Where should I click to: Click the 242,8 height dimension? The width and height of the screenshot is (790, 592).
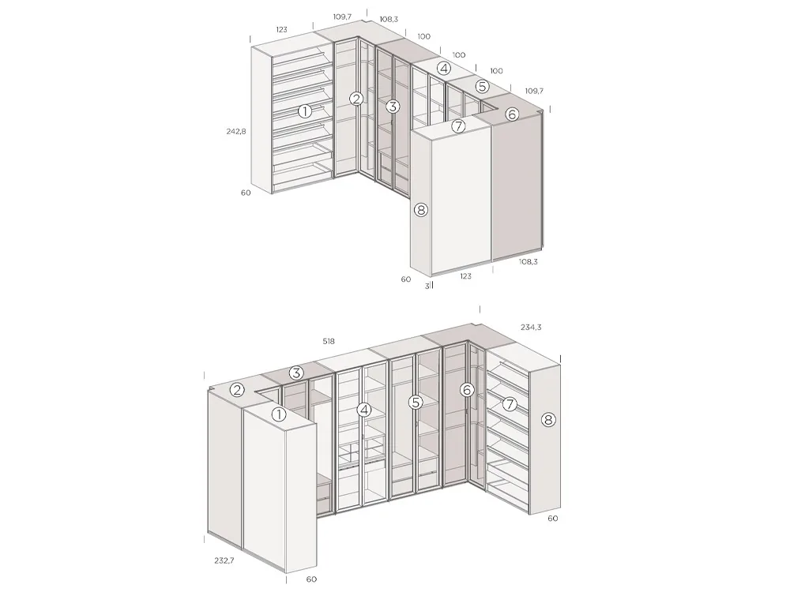(x=236, y=132)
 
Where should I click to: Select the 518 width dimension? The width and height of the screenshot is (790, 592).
(x=329, y=342)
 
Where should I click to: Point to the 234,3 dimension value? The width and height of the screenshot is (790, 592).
(x=532, y=327)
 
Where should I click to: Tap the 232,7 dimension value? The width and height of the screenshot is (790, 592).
(x=224, y=560)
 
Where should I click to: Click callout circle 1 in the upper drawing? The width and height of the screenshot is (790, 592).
(x=305, y=111)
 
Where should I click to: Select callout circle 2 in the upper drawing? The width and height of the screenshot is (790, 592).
(x=357, y=99)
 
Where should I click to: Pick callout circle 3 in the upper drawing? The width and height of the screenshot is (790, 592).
(x=393, y=106)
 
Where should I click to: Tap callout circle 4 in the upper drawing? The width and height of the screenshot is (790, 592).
(x=445, y=68)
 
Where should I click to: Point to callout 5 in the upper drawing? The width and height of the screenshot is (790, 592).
(x=482, y=86)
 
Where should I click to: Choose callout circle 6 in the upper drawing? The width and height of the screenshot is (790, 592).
(x=511, y=114)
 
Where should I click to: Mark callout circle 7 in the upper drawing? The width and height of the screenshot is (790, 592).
(x=458, y=126)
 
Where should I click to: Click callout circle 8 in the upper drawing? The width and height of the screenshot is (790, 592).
(x=420, y=210)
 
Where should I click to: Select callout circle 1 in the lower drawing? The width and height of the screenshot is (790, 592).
(x=278, y=414)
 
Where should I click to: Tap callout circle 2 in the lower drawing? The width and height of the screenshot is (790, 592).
(x=237, y=390)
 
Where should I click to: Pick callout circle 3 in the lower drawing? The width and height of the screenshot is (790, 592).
(x=295, y=373)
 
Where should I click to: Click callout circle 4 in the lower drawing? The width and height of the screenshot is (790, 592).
(x=363, y=410)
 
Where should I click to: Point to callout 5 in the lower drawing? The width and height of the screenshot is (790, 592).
(x=416, y=403)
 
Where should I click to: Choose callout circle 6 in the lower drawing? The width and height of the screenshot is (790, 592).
(x=467, y=390)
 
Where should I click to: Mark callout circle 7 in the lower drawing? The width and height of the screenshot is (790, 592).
(x=510, y=404)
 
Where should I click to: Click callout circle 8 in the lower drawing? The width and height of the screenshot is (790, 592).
(x=548, y=419)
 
